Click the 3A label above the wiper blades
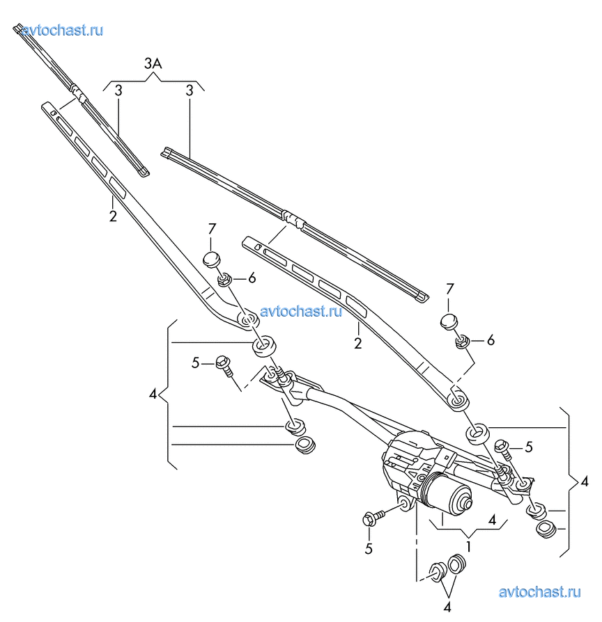(153, 64)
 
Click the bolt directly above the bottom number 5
(371, 518)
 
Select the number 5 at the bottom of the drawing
(369, 548)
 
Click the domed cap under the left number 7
(212, 260)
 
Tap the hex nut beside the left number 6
(224, 280)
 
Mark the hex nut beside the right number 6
(461, 341)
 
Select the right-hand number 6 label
(491, 340)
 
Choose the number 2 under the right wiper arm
(357, 343)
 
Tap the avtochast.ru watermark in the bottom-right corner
(540, 592)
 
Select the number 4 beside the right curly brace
(584, 481)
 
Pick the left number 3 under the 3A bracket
(118, 90)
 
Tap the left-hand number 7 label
(213, 228)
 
